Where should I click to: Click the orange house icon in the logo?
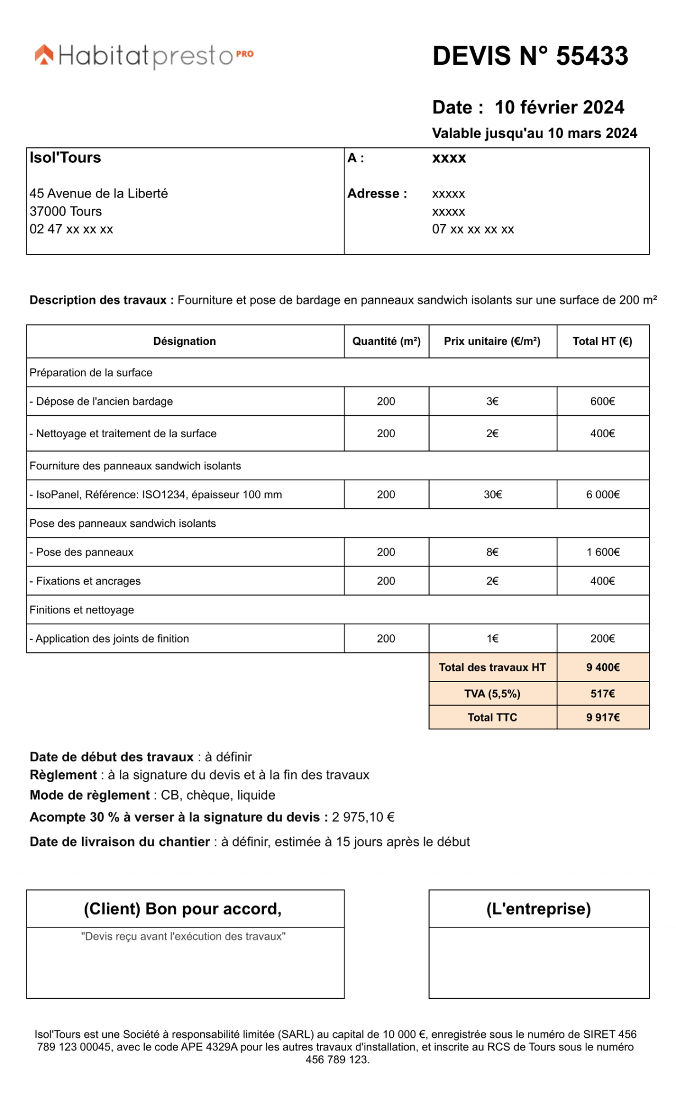[45, 54]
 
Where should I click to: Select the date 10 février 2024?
[559, 107]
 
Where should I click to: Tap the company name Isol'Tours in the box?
[65, 158]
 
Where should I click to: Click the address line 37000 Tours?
[65, 211]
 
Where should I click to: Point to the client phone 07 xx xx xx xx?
[472, 229]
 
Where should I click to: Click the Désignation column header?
[184, 341]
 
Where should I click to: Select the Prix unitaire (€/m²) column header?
[492, 341]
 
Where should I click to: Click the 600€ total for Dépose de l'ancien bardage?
[602, 402]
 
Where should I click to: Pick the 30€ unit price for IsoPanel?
[492, 494]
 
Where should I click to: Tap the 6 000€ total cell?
[602, 494]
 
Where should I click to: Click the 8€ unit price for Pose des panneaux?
[492, 552]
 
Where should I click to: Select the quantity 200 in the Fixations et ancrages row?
[386, 581]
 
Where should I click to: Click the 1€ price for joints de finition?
[492, 639]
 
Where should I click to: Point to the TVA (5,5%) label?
[492, 694]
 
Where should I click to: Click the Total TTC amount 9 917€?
[602, 717]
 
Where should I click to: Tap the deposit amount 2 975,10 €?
[363, 817]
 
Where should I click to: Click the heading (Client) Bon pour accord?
[183, 909]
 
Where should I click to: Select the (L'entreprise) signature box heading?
[538, 909]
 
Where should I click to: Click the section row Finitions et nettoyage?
[81, 610]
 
